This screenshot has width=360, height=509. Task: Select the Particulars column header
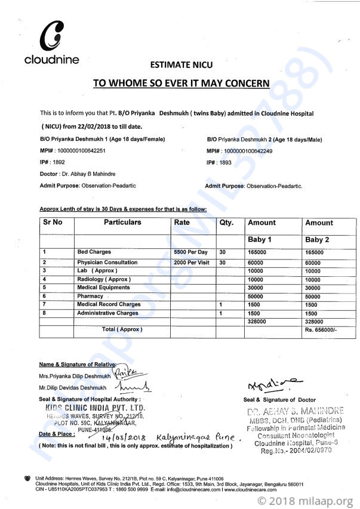click(122, 223)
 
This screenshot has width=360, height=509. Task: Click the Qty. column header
click(227, 223)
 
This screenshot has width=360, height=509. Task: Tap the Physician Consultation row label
click(107, 262)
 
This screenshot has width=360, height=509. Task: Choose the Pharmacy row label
click(90, 296)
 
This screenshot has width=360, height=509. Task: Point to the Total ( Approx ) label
click(122, 329)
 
